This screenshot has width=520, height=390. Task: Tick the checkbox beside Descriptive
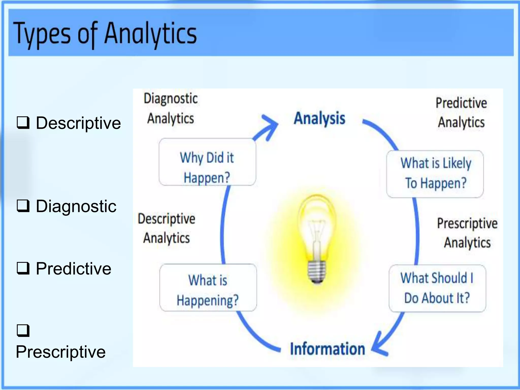pos(23,123)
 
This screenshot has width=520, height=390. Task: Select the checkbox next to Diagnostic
pos(23,206)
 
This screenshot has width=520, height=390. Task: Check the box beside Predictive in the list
pos(23,268)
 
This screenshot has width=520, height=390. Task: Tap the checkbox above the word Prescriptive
pos(23,330)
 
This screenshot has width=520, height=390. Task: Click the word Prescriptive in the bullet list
pos(61,352)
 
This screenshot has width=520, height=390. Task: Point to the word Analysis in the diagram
pos(319,118)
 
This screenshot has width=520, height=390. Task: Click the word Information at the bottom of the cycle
pos(328,349)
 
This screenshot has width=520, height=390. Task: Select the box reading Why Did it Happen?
pos(207,162)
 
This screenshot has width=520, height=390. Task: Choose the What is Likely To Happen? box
pos(435,174)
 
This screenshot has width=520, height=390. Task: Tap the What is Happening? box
pos(208,287)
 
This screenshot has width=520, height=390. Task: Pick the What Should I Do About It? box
pos(437,288)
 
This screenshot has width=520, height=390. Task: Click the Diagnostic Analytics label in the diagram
pos(171,109)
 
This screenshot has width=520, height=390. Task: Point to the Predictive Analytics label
pos(461,113)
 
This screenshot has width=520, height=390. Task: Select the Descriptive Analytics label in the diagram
pos(167,228)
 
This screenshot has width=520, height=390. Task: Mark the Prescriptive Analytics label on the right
pos(467,233)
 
